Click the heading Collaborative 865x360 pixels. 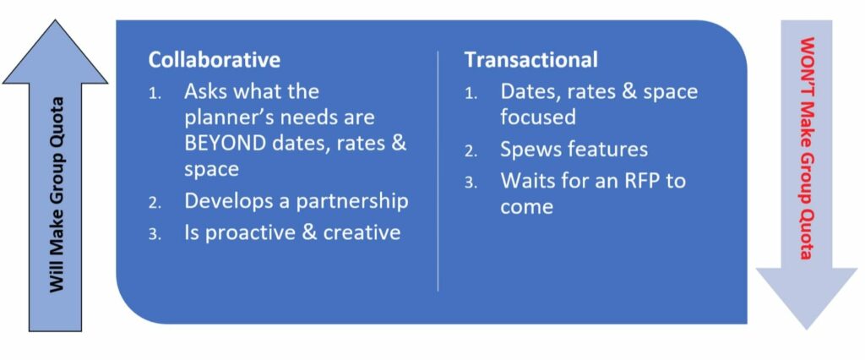click(214, 60)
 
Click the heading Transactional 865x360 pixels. click(530, 60)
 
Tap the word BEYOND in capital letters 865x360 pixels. click(223, 143)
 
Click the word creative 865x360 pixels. click(362, 232)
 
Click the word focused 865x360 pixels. click(538, 117)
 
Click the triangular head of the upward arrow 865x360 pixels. click(55, 52)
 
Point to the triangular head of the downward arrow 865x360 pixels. click(806, 298)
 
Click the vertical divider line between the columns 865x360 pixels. click(438, 171)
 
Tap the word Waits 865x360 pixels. click(525, 181)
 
